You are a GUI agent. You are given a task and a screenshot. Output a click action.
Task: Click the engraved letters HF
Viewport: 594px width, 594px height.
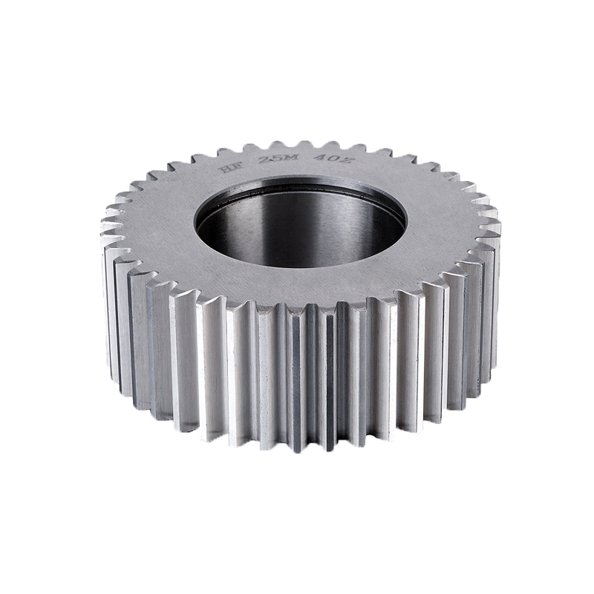230,167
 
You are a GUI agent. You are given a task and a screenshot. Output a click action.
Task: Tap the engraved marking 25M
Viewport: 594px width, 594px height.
278,159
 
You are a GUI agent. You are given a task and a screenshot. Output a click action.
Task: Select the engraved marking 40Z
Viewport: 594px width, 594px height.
333,159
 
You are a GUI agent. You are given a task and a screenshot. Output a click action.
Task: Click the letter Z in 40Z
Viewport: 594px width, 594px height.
347,160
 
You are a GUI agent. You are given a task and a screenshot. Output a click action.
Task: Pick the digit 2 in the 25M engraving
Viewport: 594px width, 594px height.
264,160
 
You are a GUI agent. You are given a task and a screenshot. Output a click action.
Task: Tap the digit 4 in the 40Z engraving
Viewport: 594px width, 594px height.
319,157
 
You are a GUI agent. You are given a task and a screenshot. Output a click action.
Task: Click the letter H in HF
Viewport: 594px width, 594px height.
224,169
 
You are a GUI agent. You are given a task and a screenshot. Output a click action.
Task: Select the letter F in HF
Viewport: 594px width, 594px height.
237,166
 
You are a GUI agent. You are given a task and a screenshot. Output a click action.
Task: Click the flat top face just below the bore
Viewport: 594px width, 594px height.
301,286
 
